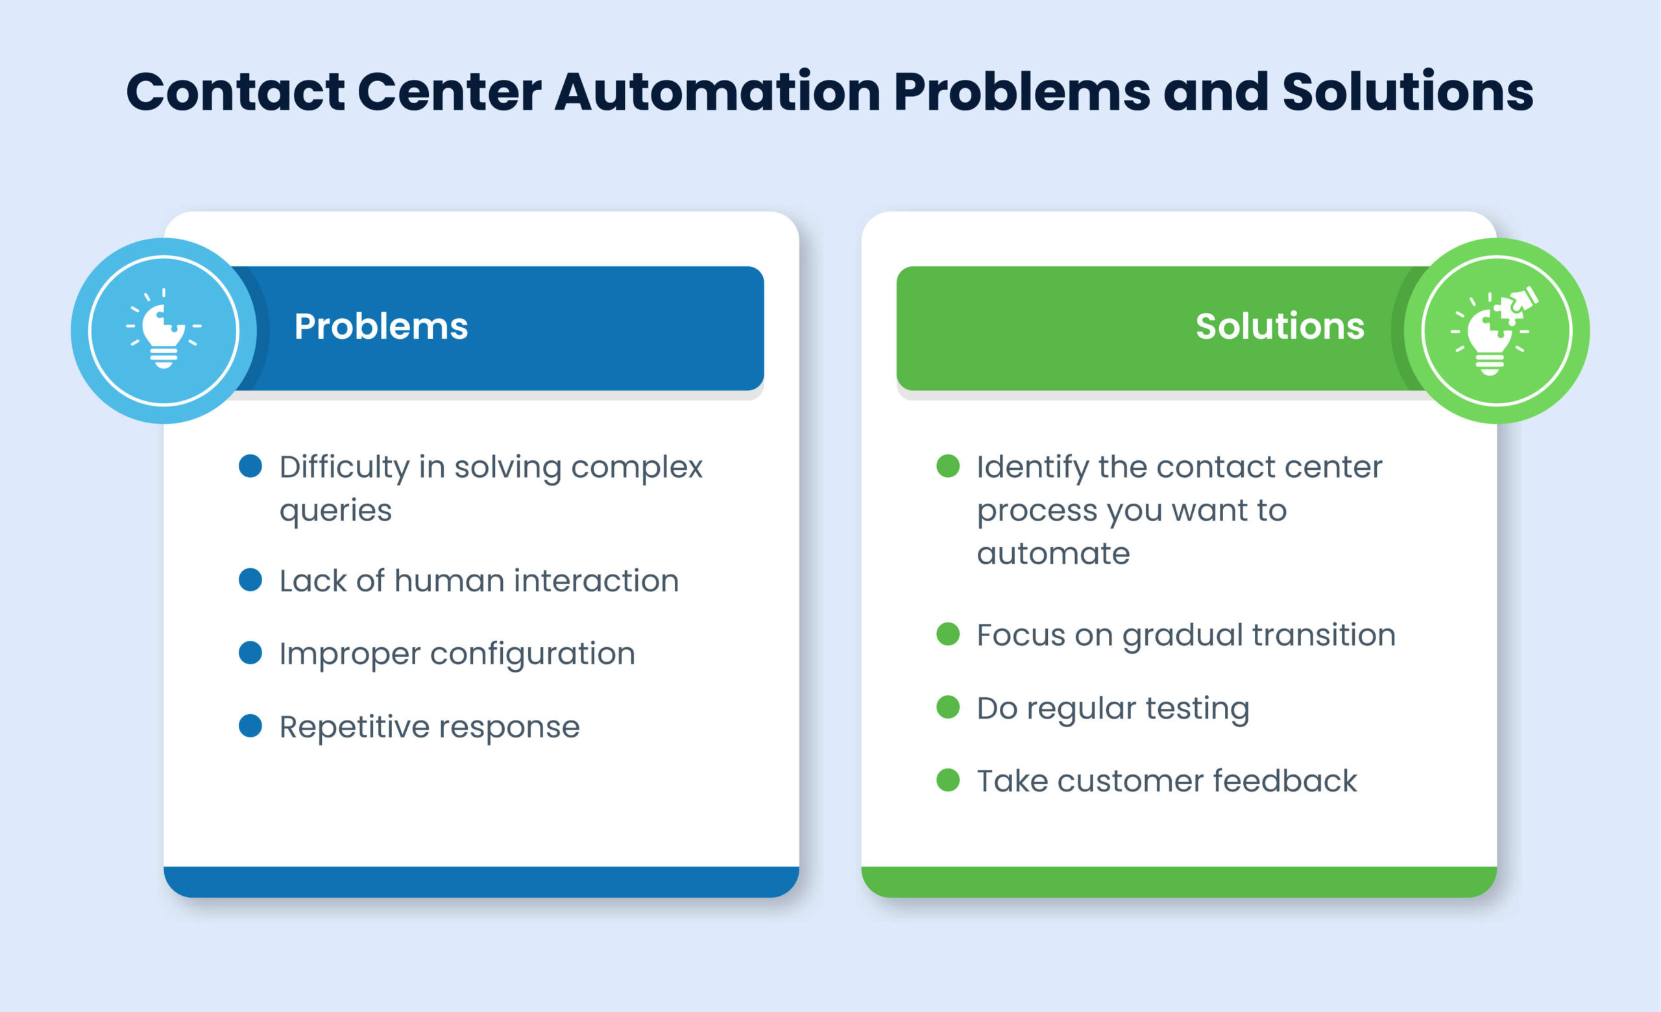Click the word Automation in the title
point(717,92)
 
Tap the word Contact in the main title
point(236,92)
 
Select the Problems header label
point(381,327)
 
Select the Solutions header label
point(1279,327)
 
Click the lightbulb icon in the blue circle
point(164,330)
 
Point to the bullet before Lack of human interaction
point(250,580)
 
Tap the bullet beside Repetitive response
point(250,726)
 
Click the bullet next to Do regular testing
point(948,708)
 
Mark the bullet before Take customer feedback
point(948,780)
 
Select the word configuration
point(533,654)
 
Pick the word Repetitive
point(354,727)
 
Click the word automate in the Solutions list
point(1053,554)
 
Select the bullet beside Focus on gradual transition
point(948,634)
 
